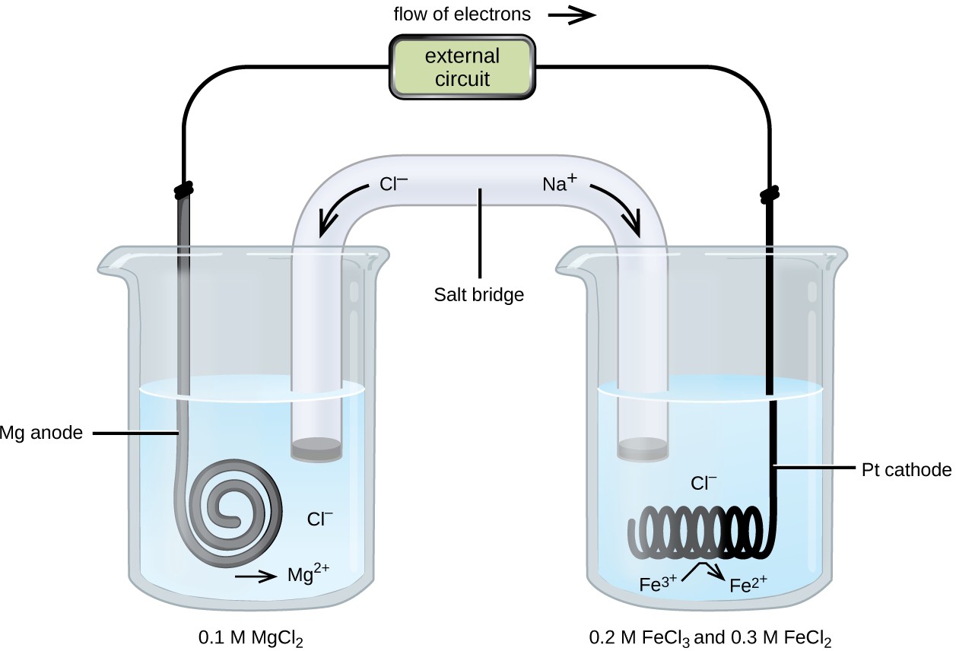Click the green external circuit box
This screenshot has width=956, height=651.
coord(462,67)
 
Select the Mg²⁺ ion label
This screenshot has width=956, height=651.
coord(307,574)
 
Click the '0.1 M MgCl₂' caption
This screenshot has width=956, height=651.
coord(249,636)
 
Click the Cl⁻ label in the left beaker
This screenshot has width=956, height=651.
coord(319,519)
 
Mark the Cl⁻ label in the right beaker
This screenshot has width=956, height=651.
coord(704,482)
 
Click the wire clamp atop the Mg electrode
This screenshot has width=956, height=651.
coord(183,187)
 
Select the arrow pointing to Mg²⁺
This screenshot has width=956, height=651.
coord(256,577)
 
